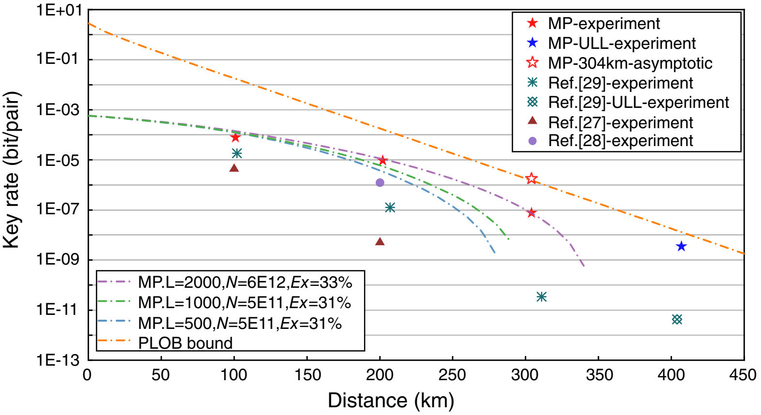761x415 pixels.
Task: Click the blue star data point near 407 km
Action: point(681,247)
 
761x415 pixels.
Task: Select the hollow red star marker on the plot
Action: point(532,178)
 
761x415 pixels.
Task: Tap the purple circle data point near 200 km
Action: point(380,182)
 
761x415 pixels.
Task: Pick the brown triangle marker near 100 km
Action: point(234,168)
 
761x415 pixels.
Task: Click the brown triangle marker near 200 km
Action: point(380,241)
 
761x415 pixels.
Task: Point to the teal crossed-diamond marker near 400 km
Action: point(677,319)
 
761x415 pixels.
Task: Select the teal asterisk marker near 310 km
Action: point(542,296)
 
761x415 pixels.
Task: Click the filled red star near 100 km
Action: point(235,137)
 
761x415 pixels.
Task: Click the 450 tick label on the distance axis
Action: point(743,375)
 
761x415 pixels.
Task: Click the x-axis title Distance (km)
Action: point(391,400)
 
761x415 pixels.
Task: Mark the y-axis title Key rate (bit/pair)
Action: point(12,169)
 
